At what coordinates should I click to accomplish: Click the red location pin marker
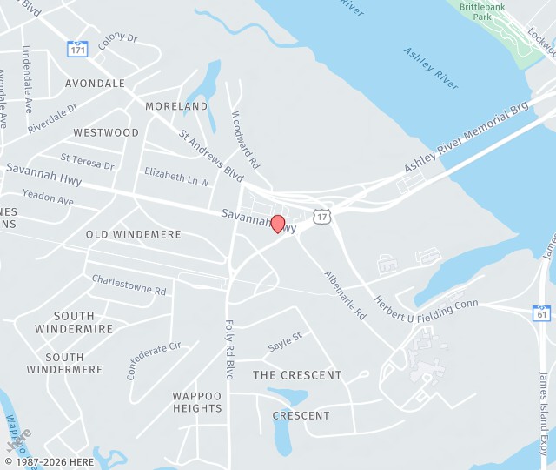pos(278,223)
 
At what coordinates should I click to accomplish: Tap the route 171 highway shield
pos(78,48)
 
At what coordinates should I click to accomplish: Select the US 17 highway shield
pos(322,215)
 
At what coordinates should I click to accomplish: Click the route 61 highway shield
pos(541,312)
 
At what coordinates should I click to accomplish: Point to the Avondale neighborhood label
pos(95,84)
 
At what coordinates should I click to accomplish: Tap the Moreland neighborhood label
pos(176,106)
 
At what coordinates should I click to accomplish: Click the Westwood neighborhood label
pos(106,132)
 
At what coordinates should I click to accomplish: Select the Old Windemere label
pos(133,234)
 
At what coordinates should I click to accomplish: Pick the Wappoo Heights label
pos(197,402)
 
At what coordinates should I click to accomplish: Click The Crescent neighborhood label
pos(297,375)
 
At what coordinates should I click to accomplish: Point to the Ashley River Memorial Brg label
pos(467,139)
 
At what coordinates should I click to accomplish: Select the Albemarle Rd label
pos(345,295)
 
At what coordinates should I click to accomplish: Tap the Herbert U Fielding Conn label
pos(426,308)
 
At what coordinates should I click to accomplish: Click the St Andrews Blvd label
pos(210,154)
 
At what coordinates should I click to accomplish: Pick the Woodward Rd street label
pos(245,138)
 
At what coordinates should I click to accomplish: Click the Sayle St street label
pos(285,341)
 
